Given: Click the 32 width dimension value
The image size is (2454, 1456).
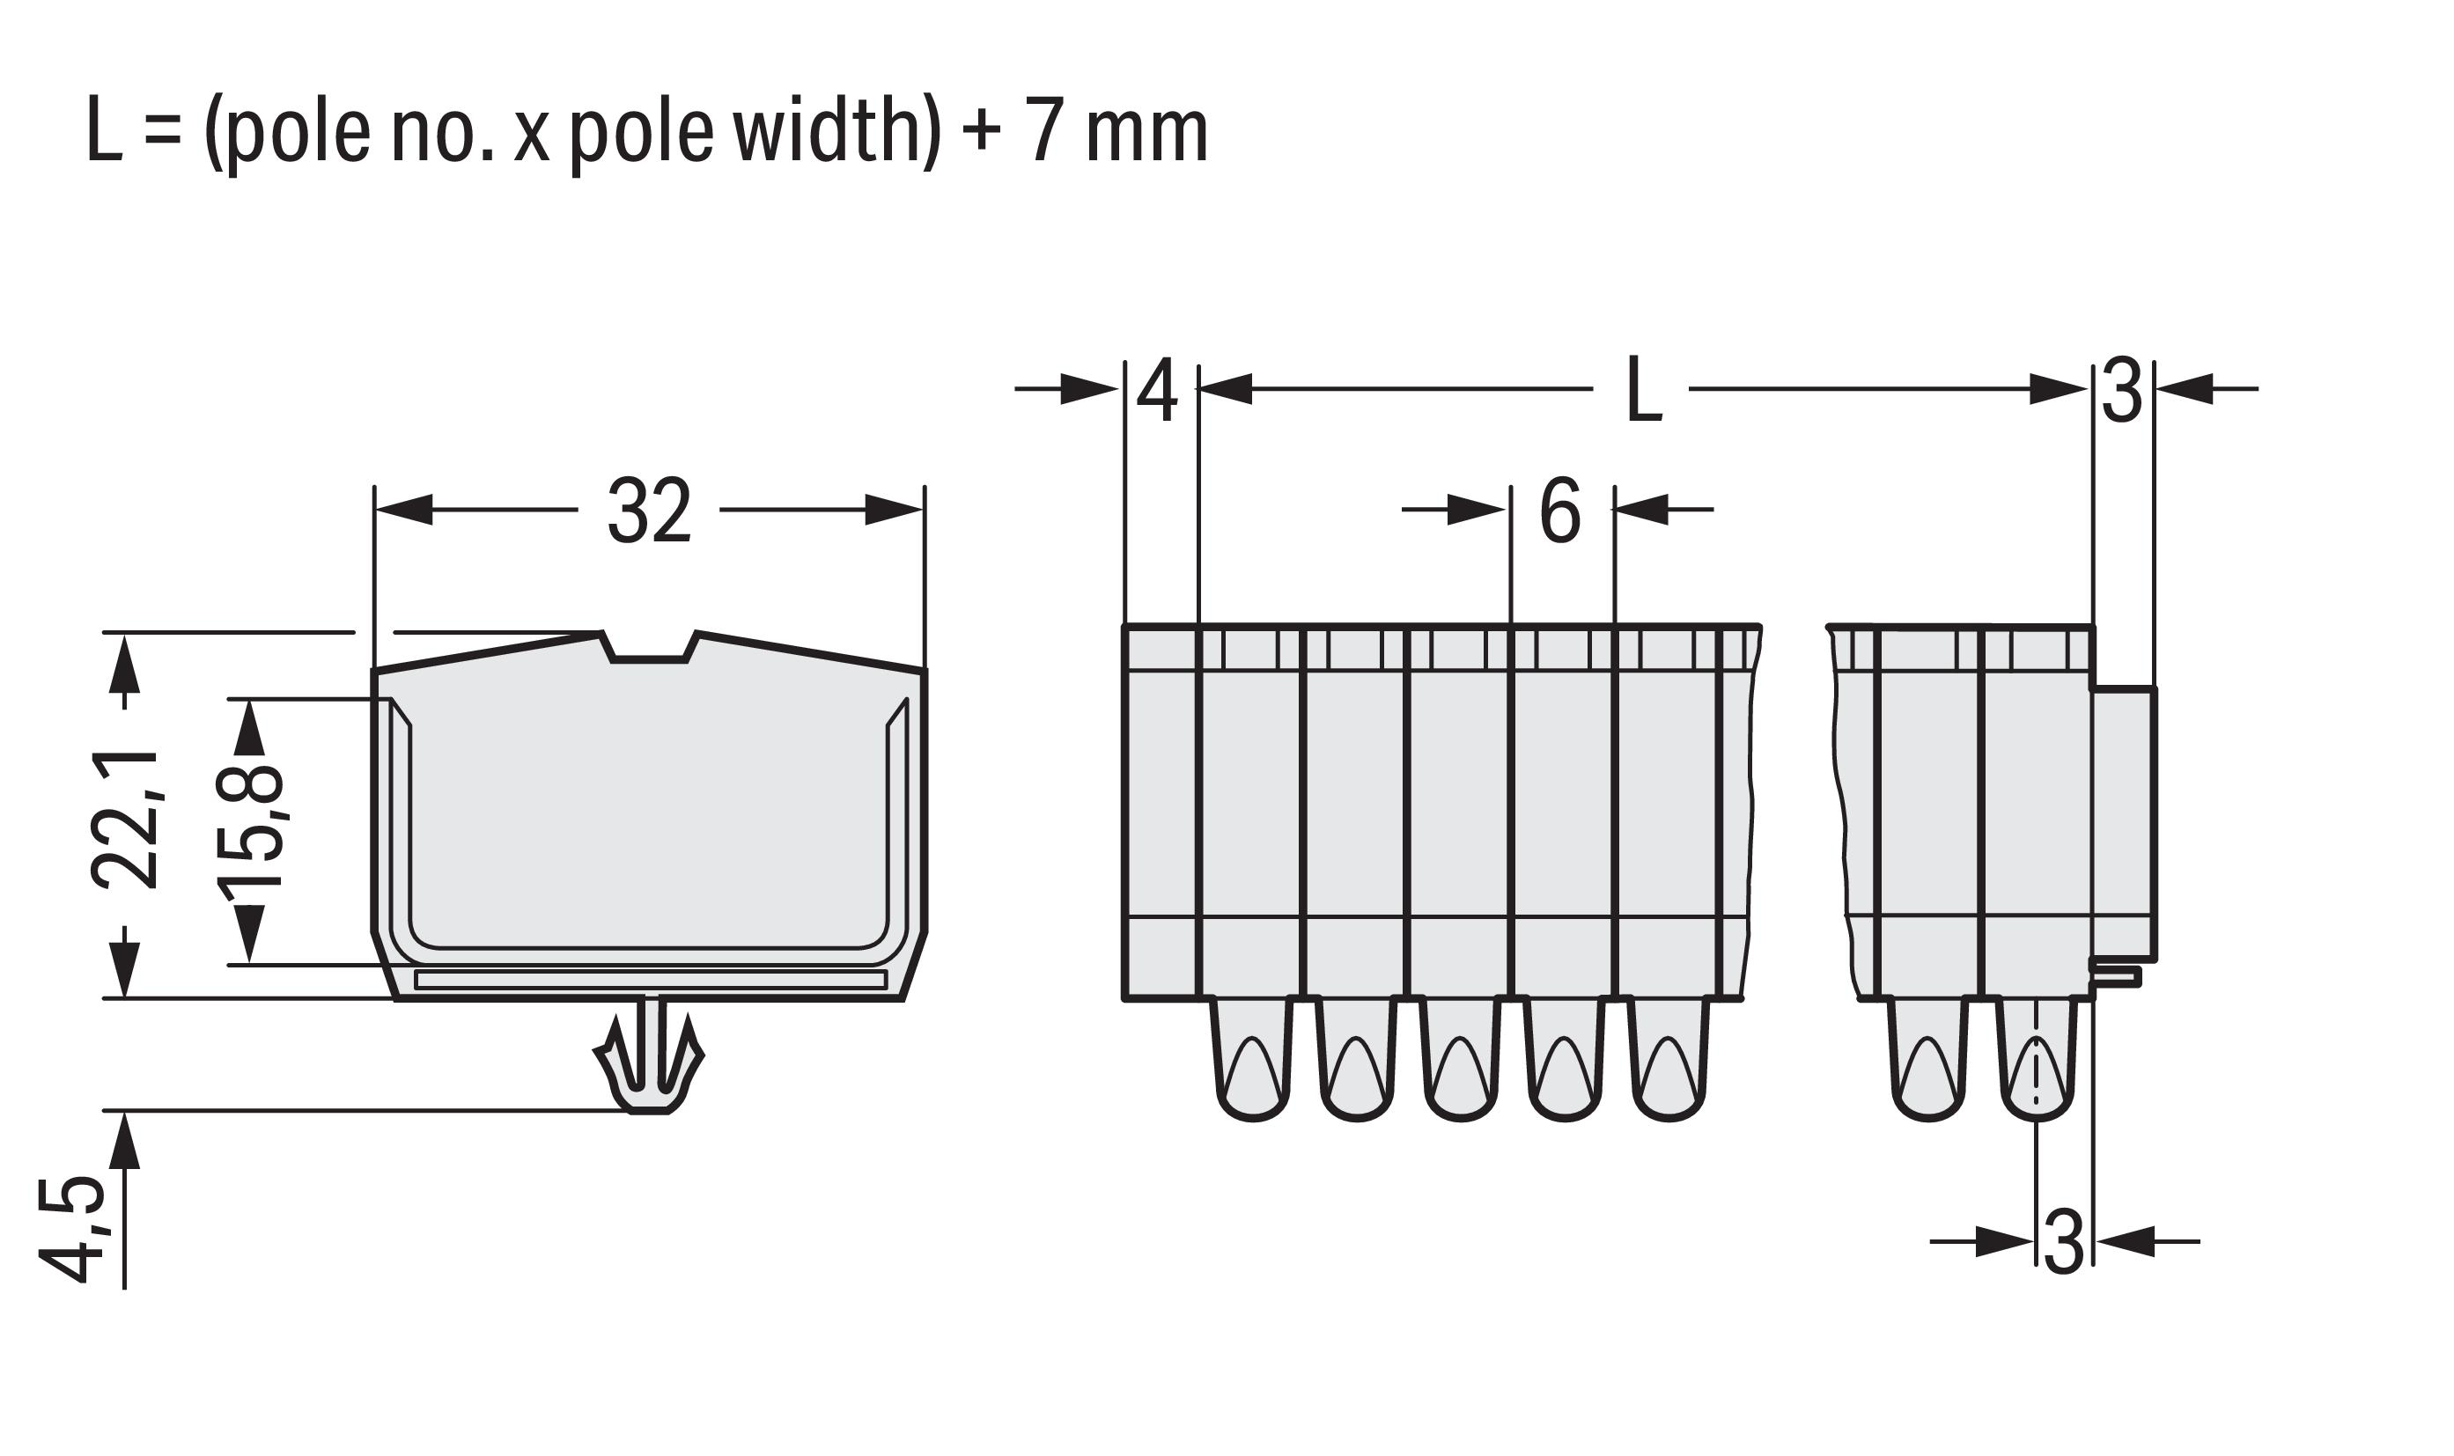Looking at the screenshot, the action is click(650, 511).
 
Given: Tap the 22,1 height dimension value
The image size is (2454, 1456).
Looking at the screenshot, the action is click(125, 820).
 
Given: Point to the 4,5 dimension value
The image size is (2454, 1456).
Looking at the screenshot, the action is click(70, 1231).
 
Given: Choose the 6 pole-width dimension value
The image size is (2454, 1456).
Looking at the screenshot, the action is click(1560, 511).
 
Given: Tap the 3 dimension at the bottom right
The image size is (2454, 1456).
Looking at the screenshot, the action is click(2065, 1242).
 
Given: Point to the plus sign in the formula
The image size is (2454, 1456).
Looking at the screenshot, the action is click(982, 135).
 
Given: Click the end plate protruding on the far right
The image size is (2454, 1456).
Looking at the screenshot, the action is click(2125, 824).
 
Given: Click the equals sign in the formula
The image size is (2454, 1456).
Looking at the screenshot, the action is click(164, 135).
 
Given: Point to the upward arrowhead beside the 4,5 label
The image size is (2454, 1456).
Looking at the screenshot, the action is click(125, 1140).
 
